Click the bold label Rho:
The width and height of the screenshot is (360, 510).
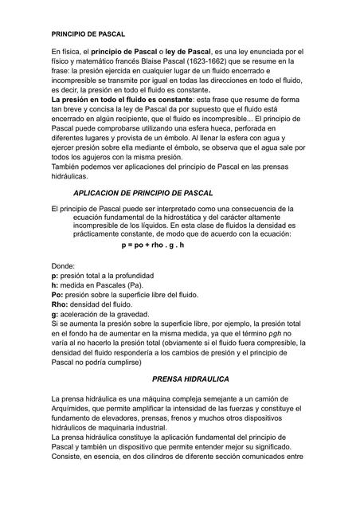point(60,304)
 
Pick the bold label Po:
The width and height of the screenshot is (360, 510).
point(57,294)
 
